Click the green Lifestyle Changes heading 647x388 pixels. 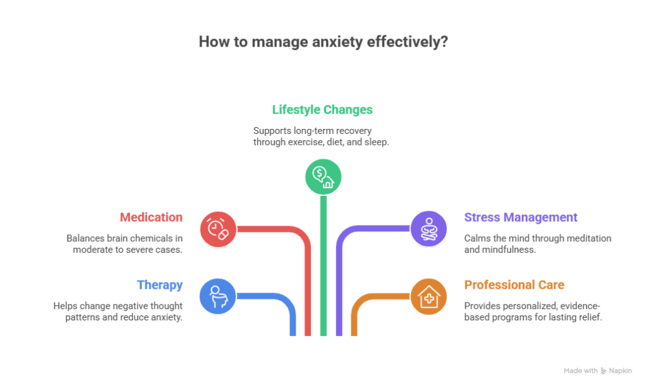[x=322, y=110]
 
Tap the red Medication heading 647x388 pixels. [x=152, y=217]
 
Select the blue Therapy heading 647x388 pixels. [x=160, y=285]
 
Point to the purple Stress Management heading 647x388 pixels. [x=521, y=217]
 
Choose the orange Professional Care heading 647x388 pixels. [x=514, y=285]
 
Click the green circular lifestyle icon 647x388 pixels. [x=323, y=176]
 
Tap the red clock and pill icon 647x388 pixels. [x=218, y=229]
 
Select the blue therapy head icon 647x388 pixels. [x=218, y=296]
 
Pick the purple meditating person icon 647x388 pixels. [x=429, y=228]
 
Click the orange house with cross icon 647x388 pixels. [x=429, y=296]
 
